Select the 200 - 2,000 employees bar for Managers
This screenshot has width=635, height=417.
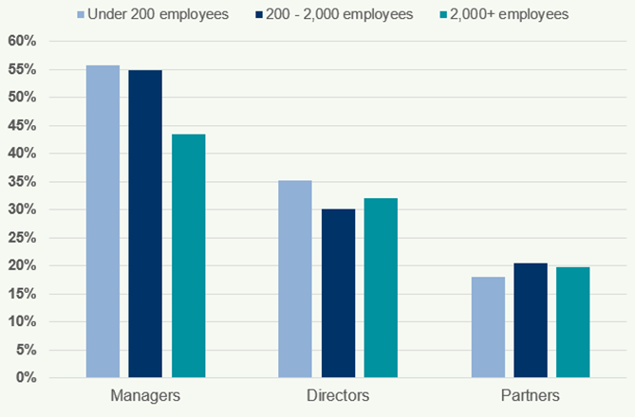[145, 224]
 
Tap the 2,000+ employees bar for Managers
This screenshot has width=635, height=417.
[188, 256]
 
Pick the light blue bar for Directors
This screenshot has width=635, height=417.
[294, 279]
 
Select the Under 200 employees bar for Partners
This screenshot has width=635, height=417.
[488, 327]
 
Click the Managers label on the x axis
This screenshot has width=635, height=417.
[145, 394]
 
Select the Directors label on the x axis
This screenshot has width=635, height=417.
[338, 394]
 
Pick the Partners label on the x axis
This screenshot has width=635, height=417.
[530, 394]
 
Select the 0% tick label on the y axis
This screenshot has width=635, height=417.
[25, 378]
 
